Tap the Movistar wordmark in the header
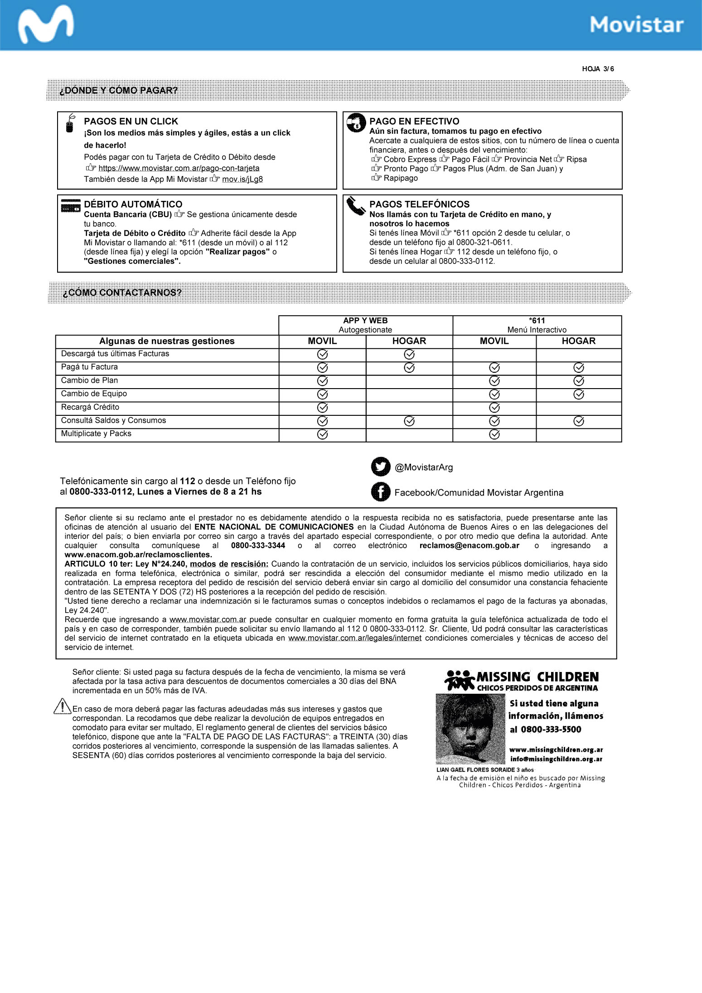coord(636,25)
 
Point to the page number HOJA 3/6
coord(598,69)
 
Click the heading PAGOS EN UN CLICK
coord(131,122)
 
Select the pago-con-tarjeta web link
coord(179,168)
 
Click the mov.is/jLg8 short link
coord(242,179)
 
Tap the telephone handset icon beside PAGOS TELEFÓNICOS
coord(356,206)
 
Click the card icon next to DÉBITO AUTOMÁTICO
coord(70,206)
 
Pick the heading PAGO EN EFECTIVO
coord(414,122)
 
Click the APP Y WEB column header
coord(365,321)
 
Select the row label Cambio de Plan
coord(89,380)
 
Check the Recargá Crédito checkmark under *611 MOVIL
coord(494,408)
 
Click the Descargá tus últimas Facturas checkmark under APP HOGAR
coord(409,354)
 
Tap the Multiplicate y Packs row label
coord(96,433)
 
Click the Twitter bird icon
coord(381,467)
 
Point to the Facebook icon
coord(381,492)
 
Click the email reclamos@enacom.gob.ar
coord(469,545)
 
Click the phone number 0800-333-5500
coord(551,729)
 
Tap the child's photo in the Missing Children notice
coord(470,729)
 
